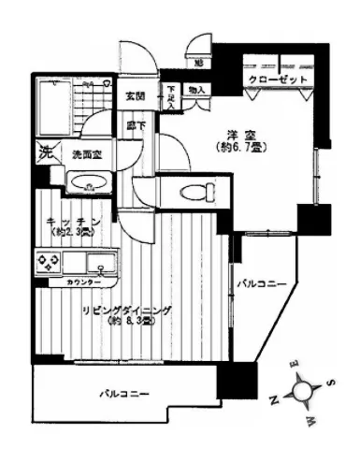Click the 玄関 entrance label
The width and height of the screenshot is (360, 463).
coord(136,94)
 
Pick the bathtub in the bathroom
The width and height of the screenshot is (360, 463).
coord(55,104)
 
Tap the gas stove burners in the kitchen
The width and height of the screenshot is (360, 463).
coord(47,262)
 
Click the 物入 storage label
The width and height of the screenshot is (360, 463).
coord(197,90)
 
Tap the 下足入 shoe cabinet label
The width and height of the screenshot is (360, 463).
coord(172,94)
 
